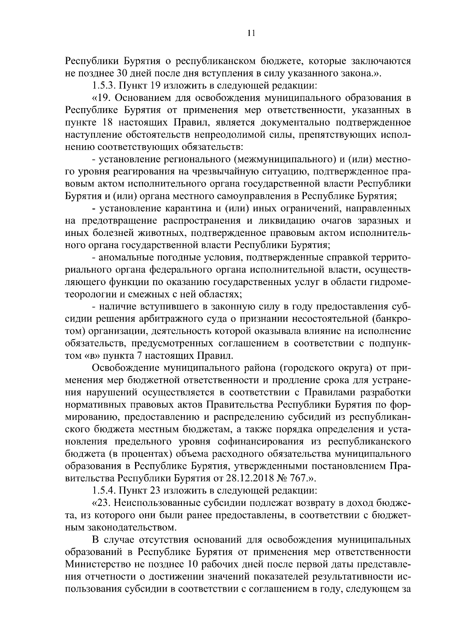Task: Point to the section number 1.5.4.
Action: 104,491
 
